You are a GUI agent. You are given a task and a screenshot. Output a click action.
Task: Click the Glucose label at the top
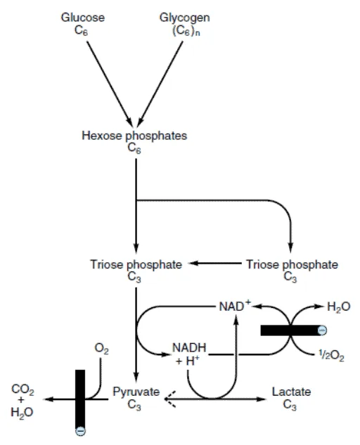[x=83, y=18]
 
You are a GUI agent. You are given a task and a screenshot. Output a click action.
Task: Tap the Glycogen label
[x=184, y=18]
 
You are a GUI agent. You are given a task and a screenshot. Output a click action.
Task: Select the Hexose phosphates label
[x=134, y=136]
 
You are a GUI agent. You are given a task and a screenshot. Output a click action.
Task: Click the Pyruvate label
[x=136, y=392]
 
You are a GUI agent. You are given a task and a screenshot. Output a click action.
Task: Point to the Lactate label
[x=291, y=392]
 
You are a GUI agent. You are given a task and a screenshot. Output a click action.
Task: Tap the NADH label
[x=189, y=348]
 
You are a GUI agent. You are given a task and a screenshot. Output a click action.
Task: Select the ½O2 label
[x=331, y=355]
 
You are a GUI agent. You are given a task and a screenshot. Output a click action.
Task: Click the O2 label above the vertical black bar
[x=101, y=349]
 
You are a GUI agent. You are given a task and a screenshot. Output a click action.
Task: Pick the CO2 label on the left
[x=22, y=389]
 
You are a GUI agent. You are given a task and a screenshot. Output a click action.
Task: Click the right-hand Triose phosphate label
[x=292, y=264]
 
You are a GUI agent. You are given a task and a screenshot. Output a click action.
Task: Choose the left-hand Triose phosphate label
[x=136, y=264]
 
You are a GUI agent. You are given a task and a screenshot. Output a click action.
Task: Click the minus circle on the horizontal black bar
[x=322, y=330]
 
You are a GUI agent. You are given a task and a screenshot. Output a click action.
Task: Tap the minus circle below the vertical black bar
[x=80, y=431]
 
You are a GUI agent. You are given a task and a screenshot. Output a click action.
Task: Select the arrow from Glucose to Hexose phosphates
[x=110, y=84]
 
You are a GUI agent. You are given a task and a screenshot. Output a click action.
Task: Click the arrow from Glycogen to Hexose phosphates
[x=160, y=84]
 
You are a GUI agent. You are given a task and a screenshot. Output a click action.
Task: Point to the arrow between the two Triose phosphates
[x=215, y=264]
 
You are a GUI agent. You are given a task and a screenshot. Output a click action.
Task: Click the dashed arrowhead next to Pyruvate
[x=169, y=399]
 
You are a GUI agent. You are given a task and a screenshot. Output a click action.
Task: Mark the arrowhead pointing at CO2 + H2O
[x=49, y=399]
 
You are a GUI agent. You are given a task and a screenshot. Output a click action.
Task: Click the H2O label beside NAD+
[x=339, y=307]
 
